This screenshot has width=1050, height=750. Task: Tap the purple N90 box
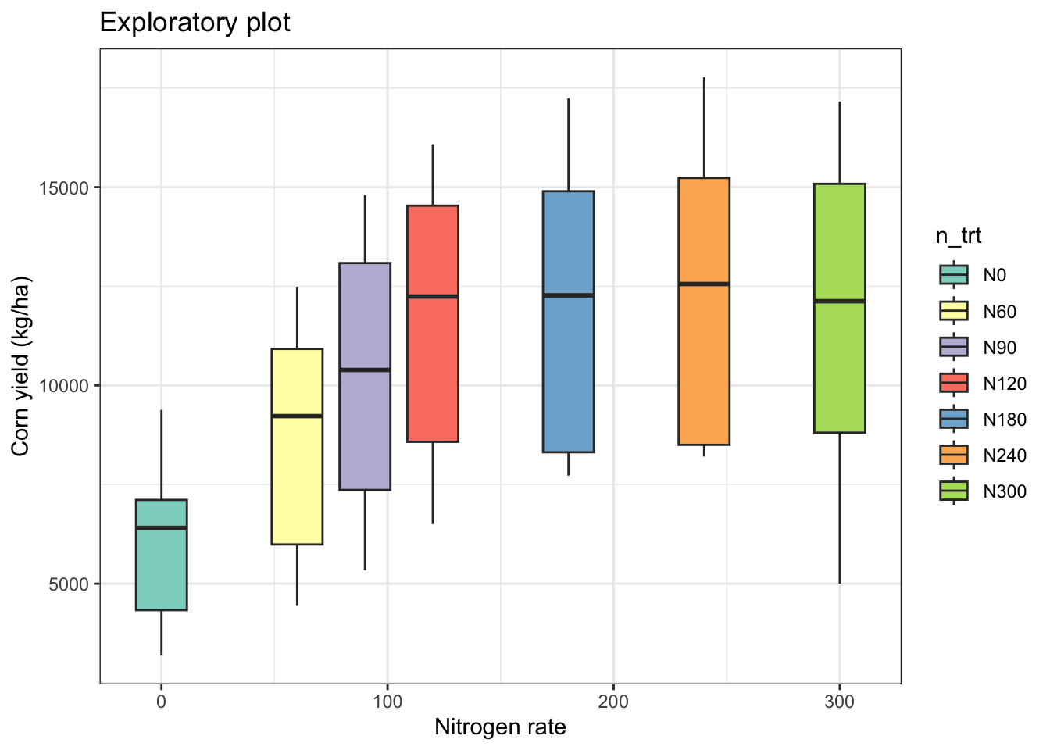[x=365, y=430]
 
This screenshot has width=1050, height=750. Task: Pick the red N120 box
[x=432, y=367]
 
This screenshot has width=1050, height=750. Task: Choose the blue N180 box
[x=568, y=375]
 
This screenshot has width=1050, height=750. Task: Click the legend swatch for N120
[x=954, y=383]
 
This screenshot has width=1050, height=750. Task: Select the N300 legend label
[x=1005, y=491]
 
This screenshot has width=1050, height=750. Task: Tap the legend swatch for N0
[x=954, y=275]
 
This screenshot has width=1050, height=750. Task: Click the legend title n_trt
[x=959, y=236]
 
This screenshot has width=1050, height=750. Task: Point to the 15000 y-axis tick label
[x=66, y=188]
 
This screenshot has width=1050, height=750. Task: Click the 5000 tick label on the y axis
[x=70, y=584]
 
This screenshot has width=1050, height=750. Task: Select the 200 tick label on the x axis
[x=613, y=702]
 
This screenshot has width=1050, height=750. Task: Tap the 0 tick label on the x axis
[x=161, y=702]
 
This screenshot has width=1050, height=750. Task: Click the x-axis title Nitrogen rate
[x=500, y=727]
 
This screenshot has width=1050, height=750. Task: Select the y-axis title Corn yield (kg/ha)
[x=20, y=366]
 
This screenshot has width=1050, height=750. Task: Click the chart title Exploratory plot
[x=195, y=22]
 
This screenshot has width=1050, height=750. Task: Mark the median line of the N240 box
[x=704, y=284]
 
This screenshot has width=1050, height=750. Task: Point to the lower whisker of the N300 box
[x=840, y=508]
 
